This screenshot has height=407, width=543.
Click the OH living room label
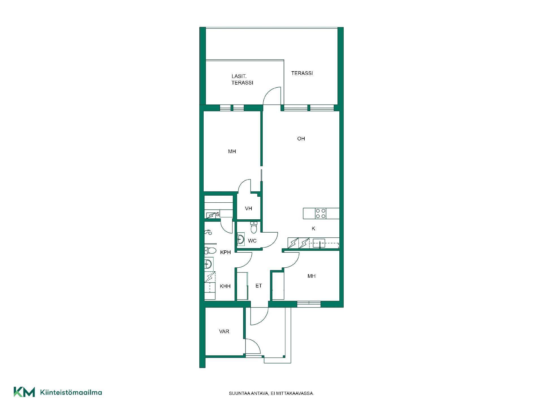[301, 138]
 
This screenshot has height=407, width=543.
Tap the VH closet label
[249, 209]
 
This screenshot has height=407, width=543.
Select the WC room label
[252, 241]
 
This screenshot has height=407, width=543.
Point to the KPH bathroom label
[225, 252]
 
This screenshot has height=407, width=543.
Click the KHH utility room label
[225, 286]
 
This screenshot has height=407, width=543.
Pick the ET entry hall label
[258, 286]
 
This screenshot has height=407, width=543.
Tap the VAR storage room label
[224, 331]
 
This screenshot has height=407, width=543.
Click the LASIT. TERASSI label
[242, 79]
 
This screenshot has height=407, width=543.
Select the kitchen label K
[313, 229]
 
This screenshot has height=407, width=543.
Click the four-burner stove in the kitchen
[321, 213]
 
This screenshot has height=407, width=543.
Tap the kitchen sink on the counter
[319, 243]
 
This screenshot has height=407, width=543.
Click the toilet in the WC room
[254, 227]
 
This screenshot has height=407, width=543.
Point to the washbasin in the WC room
[241, 239]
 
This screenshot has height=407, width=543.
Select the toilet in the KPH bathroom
[210, 250]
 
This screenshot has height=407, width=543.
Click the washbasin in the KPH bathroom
[208, 265]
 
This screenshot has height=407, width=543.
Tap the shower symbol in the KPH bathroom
[208, 232]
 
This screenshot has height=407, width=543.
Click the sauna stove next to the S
[211, 215]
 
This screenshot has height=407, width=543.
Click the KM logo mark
[24, 392]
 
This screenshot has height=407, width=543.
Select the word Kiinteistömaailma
[71, 392]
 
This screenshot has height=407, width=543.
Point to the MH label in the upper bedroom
[232, 151]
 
